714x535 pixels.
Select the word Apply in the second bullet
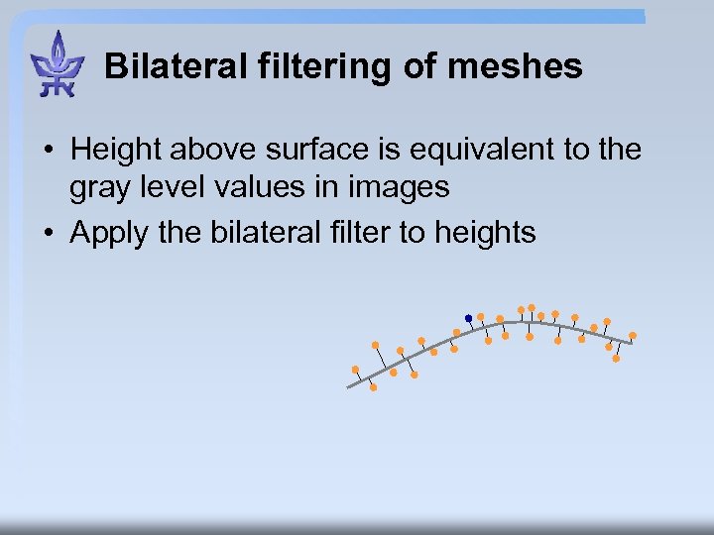108,233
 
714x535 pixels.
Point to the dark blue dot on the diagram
469,318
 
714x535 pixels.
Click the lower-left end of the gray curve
349,386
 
